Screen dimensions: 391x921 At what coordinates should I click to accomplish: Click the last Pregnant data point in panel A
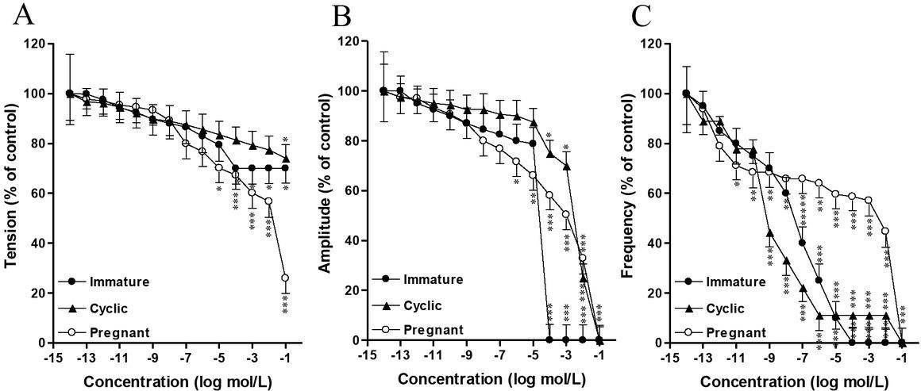coord(285,278)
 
